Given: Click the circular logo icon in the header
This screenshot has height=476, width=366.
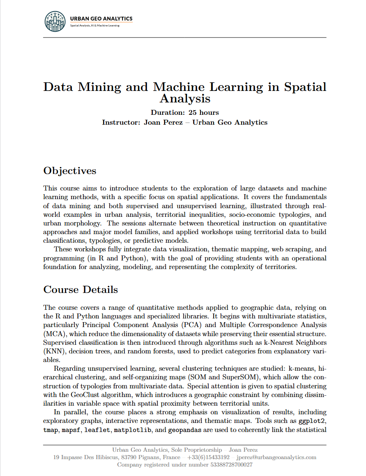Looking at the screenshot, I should point(55,21).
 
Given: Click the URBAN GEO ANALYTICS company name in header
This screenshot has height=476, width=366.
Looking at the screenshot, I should point(101,19).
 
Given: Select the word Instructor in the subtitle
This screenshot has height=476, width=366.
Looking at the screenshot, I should point(121,122).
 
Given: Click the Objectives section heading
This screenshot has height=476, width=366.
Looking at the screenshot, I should point(70,171).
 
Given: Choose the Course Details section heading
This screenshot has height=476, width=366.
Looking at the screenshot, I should point(81,290).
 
